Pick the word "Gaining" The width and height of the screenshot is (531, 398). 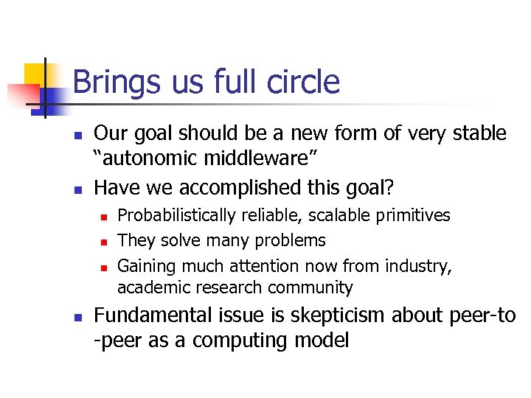(x=143, y=265)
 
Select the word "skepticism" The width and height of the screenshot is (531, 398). (x=345, y=316)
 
